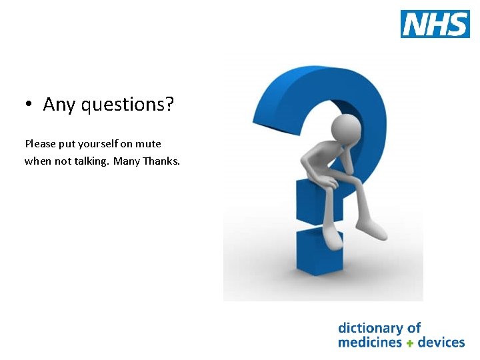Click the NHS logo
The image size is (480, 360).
(x=435, y=24)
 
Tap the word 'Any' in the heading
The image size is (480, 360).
(x=57, y=105)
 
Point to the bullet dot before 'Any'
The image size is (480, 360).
(x=29, y=105)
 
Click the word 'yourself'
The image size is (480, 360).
(x=99, y=143)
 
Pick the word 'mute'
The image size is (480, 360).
(x=149, y=143)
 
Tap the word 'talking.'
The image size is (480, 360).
(x=91, y=161)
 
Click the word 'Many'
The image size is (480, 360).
(x=127, y=161)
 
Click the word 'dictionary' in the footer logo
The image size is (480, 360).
(x=370, y=328)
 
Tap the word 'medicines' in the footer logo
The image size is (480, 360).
(x=369, y=343)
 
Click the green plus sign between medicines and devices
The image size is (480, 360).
(x=410, y=343)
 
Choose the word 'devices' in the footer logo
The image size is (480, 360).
(x=441, y=343)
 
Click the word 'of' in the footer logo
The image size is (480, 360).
(x=414, y=328)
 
